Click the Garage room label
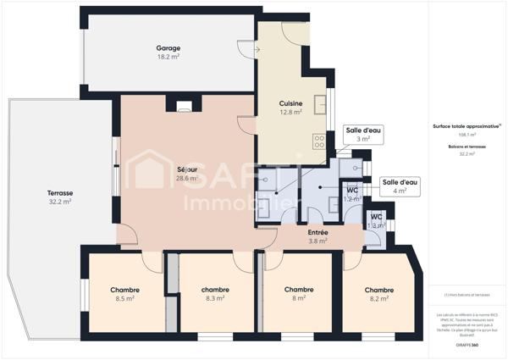point(168,48)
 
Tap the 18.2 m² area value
point(168,57)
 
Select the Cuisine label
point(291,103)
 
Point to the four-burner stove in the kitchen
point(320,141)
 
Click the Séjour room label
point(186,169)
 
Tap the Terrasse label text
point(59,193)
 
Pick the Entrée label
point(317,232)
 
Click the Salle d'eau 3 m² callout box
point(363,134)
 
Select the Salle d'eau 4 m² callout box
point(400,186)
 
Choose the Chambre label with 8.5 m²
point(124,290)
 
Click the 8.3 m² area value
point(215,298)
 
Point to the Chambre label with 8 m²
point(299,290)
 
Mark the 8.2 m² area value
point(378,298)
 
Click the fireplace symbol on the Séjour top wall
point(185,106)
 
